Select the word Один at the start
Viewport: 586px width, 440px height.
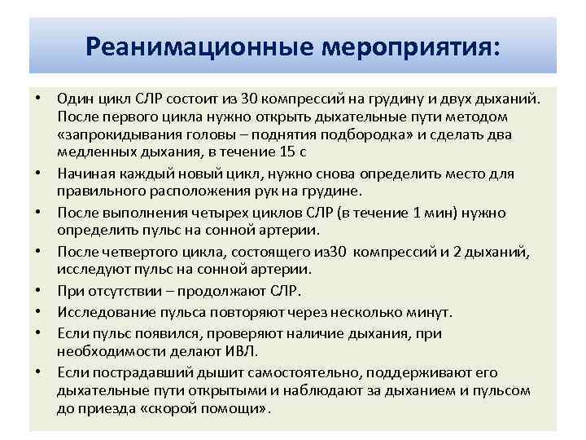coord(73,99)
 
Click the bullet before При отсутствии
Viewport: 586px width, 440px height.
coord(38,290)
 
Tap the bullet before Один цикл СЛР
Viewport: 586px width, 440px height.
coord(38,99)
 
